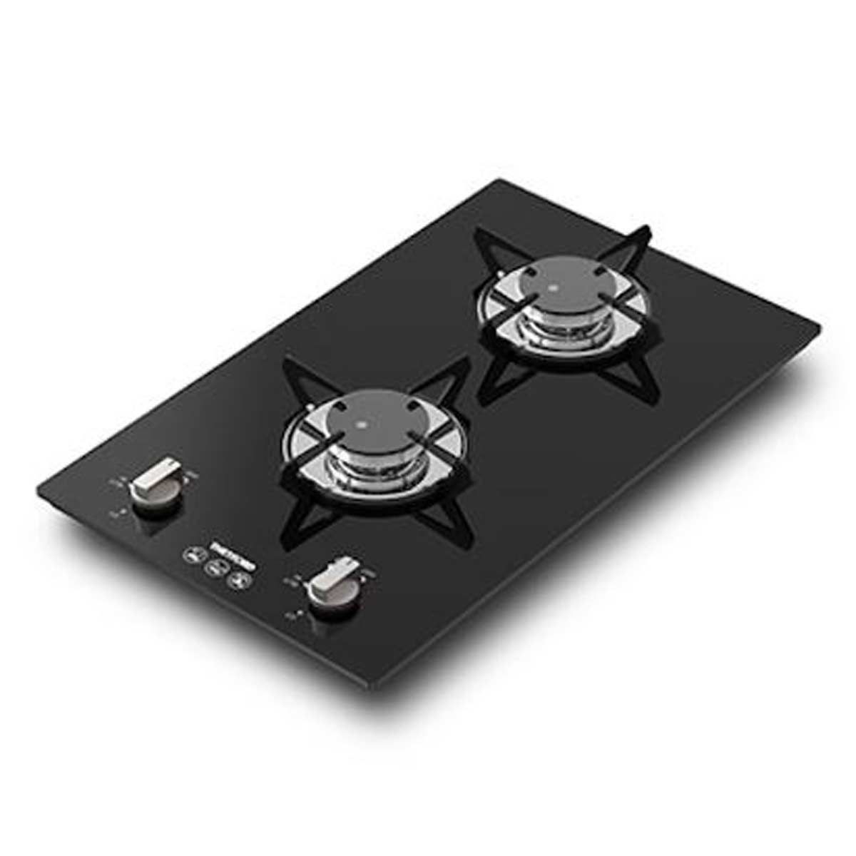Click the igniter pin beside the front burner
(x=311, y=409)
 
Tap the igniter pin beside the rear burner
(x=503, y=274)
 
